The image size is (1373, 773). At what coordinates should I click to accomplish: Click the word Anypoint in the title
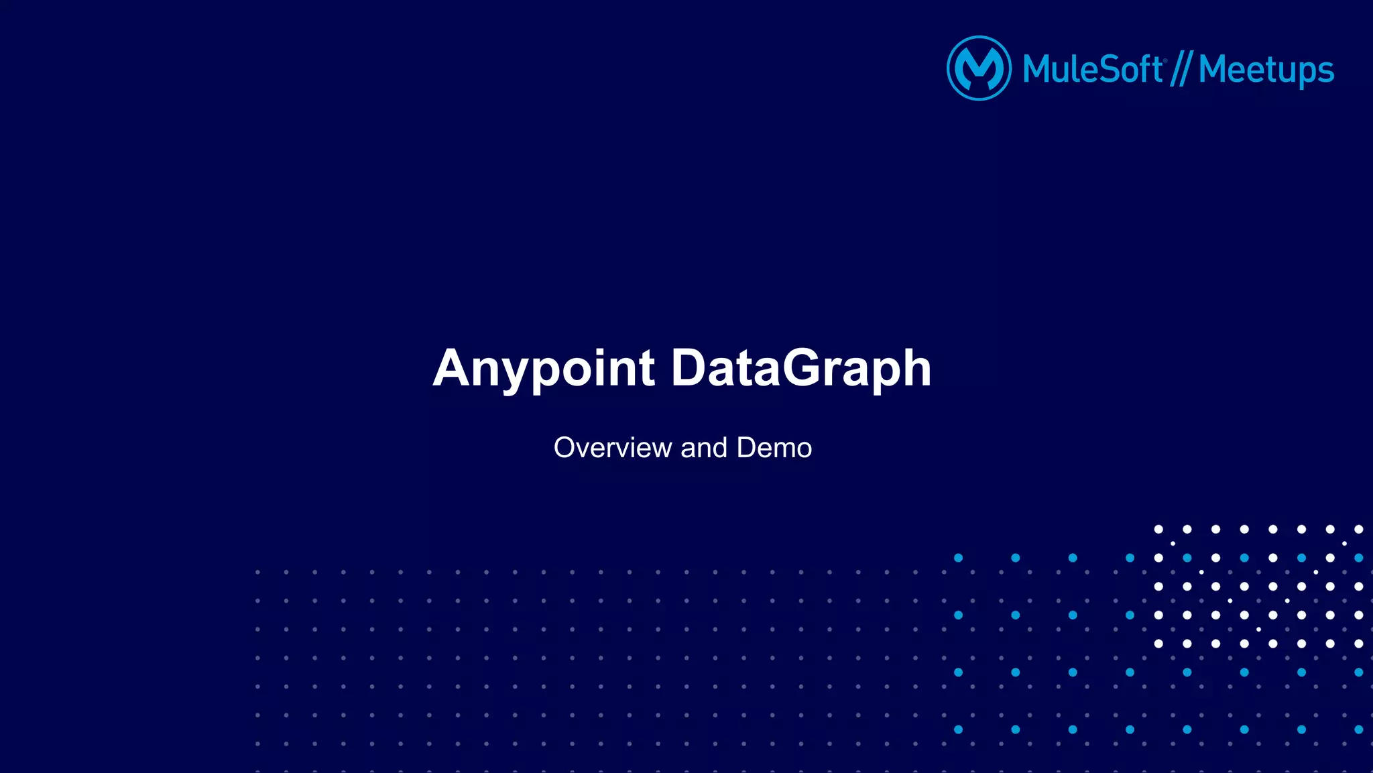(x=544, y=368)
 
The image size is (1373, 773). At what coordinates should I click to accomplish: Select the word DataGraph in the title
(x=801, y=368)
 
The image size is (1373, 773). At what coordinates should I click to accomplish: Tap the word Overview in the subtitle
(x=612, y=448)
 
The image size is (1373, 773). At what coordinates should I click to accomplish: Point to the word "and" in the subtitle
(x=704, y=448)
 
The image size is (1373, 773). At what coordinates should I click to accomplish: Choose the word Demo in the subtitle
(x=774, y=448)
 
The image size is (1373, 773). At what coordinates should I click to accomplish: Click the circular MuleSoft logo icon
(x=979, y=68)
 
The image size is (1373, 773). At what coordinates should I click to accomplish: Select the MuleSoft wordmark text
(x=1093, y=69)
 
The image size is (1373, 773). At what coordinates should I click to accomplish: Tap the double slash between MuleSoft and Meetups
(x=1181, y=70)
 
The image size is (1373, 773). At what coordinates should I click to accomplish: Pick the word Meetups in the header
(x=1266, y=70)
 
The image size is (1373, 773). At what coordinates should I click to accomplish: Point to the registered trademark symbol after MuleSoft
(x=1166, y=60)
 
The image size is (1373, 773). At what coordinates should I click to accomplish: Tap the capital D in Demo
(x=747, y=448)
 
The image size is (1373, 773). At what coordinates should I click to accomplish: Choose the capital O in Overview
(x=566, y=448)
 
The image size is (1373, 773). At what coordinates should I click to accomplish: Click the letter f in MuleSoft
(x=1145, y=68)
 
